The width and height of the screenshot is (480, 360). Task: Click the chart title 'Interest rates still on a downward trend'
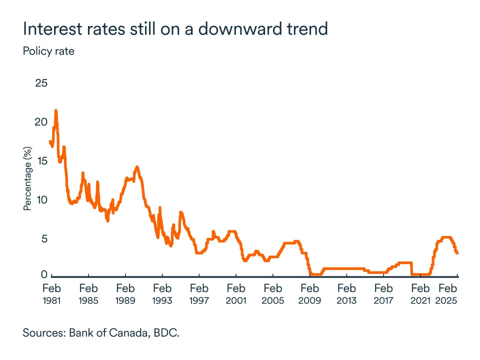(x=175, y=28)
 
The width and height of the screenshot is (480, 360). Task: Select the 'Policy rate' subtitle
(x=48, y=51)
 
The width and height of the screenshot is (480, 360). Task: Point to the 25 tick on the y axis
(x=41, y=83)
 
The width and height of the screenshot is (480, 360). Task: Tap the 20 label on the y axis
(x=41, y=122)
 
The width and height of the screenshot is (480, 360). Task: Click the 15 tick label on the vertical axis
(x=41, y=161)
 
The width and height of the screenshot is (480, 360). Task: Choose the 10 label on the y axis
(x=41, y=200)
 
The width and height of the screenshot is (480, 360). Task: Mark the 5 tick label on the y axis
(x=44, y=239)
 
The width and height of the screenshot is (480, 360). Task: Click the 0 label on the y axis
(x=44, y=274)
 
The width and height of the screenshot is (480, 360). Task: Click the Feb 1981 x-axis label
(x=51, y=294)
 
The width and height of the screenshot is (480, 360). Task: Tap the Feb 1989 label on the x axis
(x=125, y=294)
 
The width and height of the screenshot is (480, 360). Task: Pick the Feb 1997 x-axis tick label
(x=199, y=294)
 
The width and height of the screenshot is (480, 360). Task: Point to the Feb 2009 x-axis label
(x=309, y=294)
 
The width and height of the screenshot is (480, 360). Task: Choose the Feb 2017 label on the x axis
(x=383, y=294)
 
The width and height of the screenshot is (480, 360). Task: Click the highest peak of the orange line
(x=56, y=111)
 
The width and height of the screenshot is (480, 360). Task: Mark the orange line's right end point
(x=457, y=253)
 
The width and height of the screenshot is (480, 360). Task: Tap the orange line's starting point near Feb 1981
(x=50, y=141)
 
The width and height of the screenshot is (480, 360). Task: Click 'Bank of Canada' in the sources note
(x=101, y=333)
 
